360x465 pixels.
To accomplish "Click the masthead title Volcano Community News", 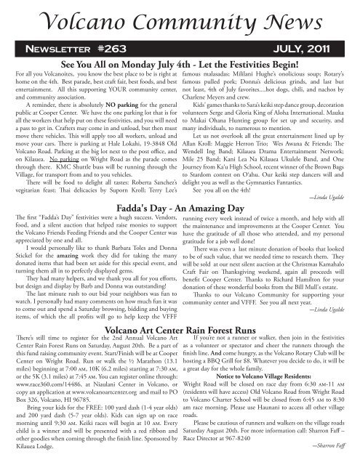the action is click(x=180, y=16).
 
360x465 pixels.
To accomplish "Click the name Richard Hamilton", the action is click(x=292, y=277).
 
